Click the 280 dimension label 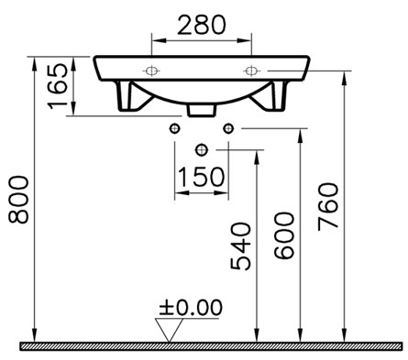click(x=202, y=25)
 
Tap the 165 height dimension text click(x=58, y=86)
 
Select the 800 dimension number click(x=18, y=200)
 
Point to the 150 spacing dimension click(x=201, y=177)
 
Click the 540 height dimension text click(x=240, y=246)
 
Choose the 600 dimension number click(x=284, y=235)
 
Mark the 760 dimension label click(x=328, y=206)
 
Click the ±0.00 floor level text click(x=191, y=307)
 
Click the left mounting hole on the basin click(x=151, y=71)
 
